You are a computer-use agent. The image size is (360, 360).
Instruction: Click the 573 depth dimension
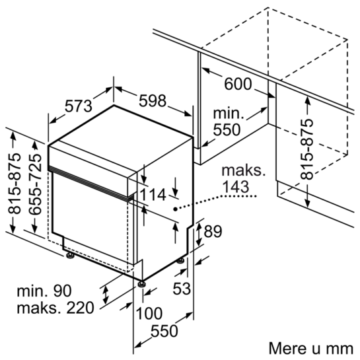coord(79,106)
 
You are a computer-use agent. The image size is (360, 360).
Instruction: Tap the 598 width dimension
coord(153,100)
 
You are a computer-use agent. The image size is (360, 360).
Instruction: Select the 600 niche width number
coord(238,84)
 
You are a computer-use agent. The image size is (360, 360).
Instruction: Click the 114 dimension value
coord(153,195)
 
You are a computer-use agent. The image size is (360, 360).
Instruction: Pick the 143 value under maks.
coord(236,186)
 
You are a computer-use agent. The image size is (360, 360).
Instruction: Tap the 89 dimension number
coord(213,231)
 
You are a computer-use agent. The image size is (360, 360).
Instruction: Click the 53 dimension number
coord(182,289)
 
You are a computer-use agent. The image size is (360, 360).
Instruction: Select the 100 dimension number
coord(149,313)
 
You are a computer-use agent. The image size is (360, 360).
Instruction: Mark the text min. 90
coord(44,291)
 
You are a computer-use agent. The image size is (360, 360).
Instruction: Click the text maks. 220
coord(55,308)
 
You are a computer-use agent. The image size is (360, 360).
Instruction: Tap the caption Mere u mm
coord(311,349)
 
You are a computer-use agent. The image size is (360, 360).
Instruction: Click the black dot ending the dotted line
coord(175,209)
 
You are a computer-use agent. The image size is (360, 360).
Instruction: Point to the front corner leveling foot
coord(141,284)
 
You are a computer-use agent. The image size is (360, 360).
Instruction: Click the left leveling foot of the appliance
coord(70,256)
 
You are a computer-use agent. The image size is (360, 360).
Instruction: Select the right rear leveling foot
coord(181,261)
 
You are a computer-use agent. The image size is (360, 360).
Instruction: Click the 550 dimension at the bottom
coord(164,331)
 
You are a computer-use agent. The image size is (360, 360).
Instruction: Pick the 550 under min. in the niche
coord(227,129)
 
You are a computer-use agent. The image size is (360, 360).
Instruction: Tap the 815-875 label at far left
coord(15,183)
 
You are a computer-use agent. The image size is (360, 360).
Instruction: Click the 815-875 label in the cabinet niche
coord(307,149)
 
